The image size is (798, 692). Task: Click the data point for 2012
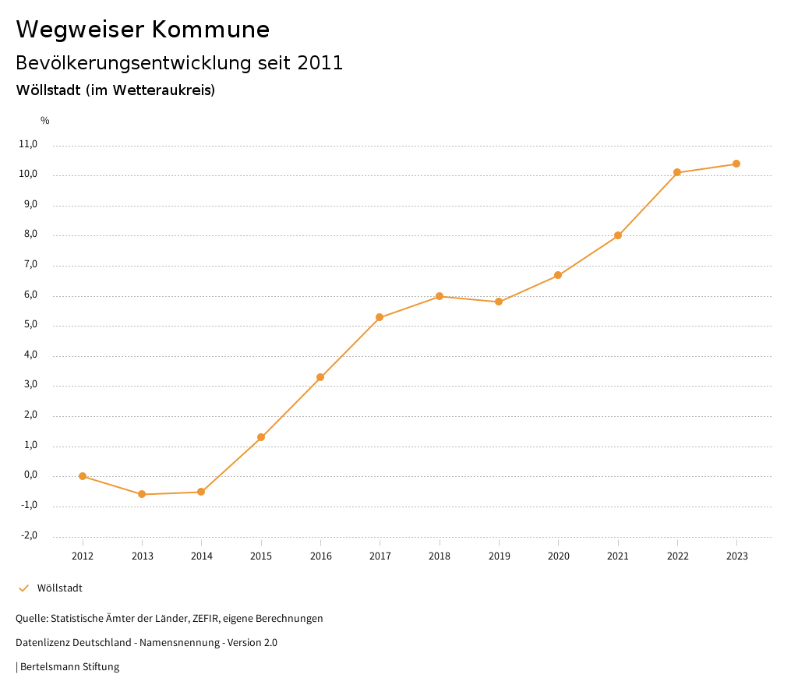click(x=83, y=476)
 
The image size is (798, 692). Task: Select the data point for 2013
click(x=142, y=494)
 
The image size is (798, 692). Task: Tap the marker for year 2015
click(x=261, y=437)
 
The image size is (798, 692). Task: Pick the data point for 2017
click(x=380, y=317)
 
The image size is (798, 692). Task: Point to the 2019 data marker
click(x=499, y=302)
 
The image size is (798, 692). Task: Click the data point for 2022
click(x=677, y=172)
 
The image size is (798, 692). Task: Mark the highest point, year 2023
click(x=736, y=164)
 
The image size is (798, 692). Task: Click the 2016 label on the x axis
click(x=320, y=556)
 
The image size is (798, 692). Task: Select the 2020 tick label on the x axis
click(x=558, y=556)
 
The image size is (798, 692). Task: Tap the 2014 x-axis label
click(x=201, y=556)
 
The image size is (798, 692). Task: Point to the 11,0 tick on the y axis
click(x=29, y=144)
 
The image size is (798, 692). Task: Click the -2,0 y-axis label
click(x=29, y=535)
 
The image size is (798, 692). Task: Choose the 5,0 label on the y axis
click(x=30, y=325)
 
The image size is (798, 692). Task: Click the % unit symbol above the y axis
click(x=45, y=121)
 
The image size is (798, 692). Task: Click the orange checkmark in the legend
click(x=23, y=588)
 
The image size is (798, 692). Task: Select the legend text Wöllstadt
click(x=60, y=588)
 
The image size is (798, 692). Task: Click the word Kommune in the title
click(x=210, y=30)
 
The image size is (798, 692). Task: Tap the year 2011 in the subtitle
click(x=320, y=63)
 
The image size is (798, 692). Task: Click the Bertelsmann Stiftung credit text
click(x=69, y=667)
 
